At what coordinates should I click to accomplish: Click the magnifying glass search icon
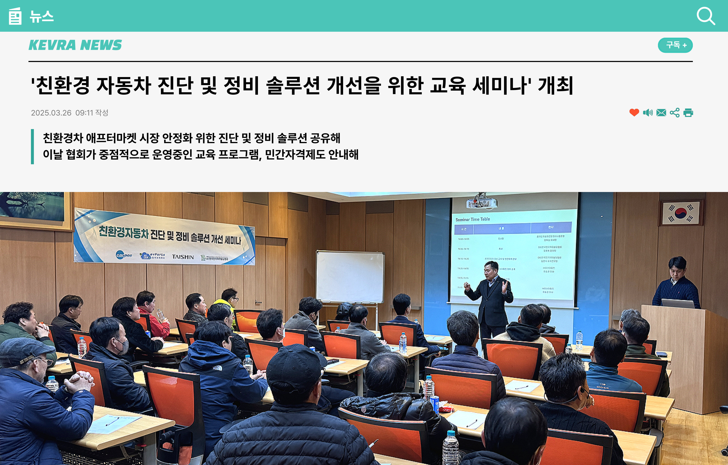(x=706, y=16)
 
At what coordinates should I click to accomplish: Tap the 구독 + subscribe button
(x=675, y=45)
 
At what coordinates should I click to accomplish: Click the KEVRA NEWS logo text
(x=75, y=45)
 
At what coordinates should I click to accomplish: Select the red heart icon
(x=634, y=112)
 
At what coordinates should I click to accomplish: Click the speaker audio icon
(x=648, y=112)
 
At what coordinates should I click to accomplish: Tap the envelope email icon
(x=661, y=112)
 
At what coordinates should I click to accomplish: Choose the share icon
(x=675, y=112)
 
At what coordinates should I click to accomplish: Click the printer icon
(x=688, y=112)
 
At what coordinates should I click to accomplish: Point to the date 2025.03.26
(x=51, y=113)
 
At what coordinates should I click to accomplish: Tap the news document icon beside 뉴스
(x=15, y=16)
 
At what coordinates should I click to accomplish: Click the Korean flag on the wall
(x=680, y=213)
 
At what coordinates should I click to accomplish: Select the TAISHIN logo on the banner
(x=183, y=257)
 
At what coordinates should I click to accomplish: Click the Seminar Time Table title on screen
(x=473, y=219)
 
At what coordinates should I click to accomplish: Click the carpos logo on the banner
(x=124, y=255)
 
